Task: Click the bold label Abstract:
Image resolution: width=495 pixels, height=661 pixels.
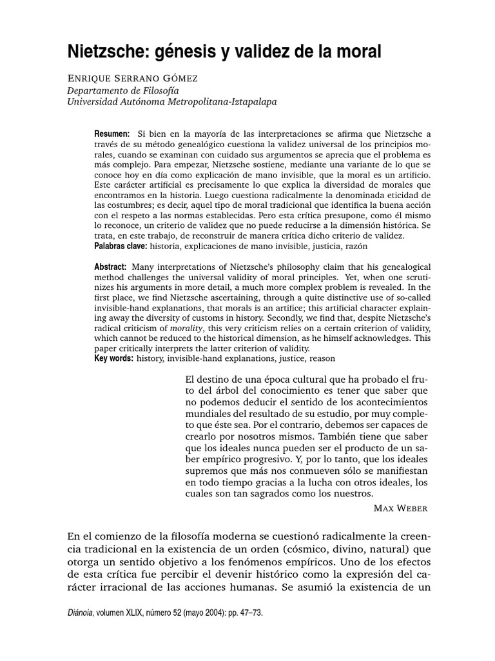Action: click(112, 267)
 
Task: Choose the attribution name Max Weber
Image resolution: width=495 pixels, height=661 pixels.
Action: click(400, 508)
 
